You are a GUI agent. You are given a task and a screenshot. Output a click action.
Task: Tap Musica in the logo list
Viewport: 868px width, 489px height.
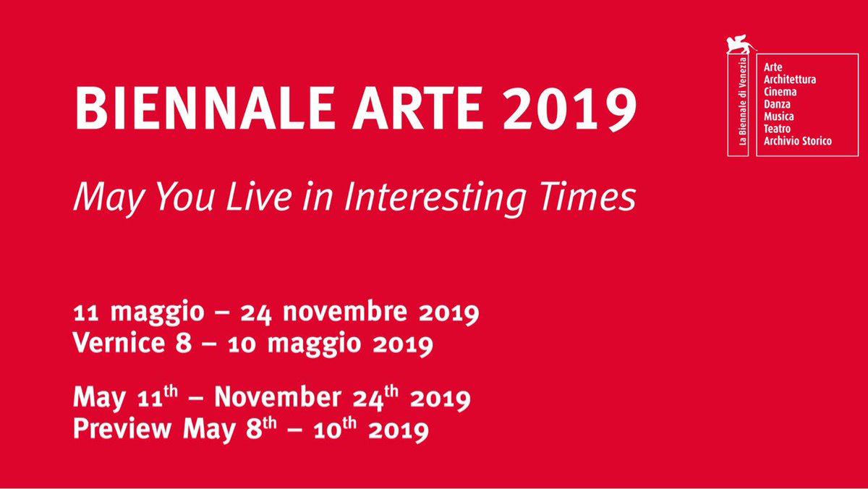780,116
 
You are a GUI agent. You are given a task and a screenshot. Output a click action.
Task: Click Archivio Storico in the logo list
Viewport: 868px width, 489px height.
798,141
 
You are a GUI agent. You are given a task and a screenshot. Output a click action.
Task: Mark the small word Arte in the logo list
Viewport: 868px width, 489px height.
773,67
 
